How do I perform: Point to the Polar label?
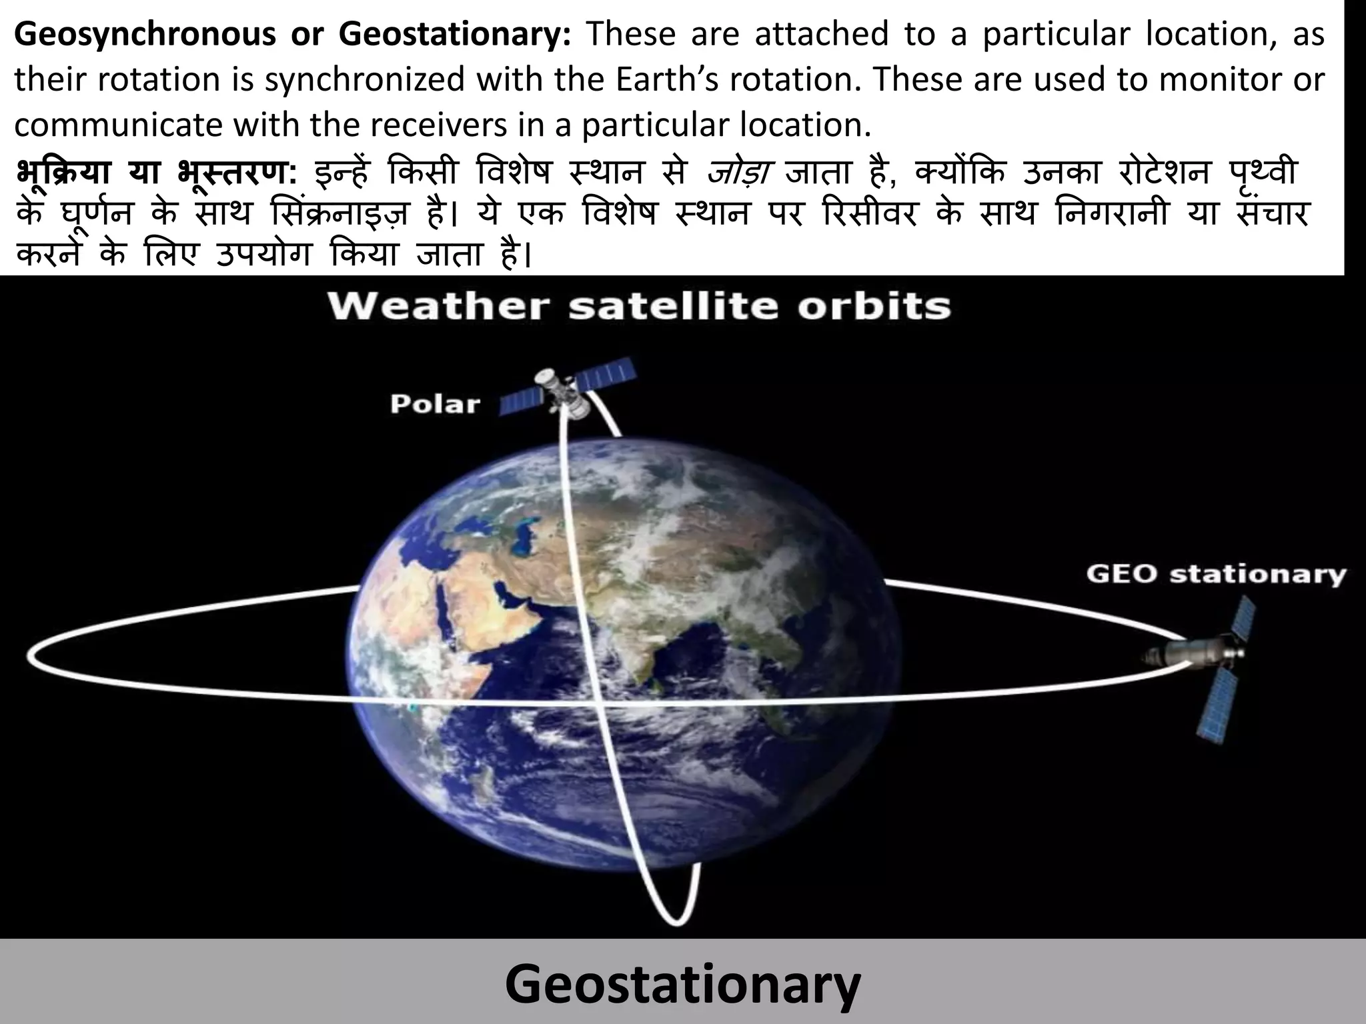tap(435, 403)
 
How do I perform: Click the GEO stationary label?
tap(1216, 574)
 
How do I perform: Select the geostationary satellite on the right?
tap(1201, 657)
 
